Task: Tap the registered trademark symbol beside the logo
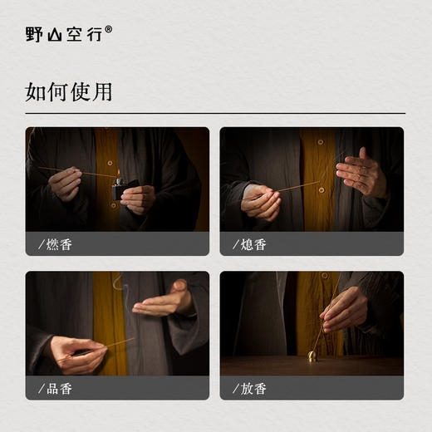pyautogui.click(x=109, y=29)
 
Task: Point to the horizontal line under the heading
pyautogui.click(x=215, y=113)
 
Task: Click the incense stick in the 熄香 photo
pyautogui.click(x=299, y=187)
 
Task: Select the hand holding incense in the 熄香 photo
pyautogui.click(x=261, y=200)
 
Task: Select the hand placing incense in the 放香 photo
pyautogui.click(x=344, y=308)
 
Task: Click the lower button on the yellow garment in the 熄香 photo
pyautogui.click(x=322, y=190)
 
